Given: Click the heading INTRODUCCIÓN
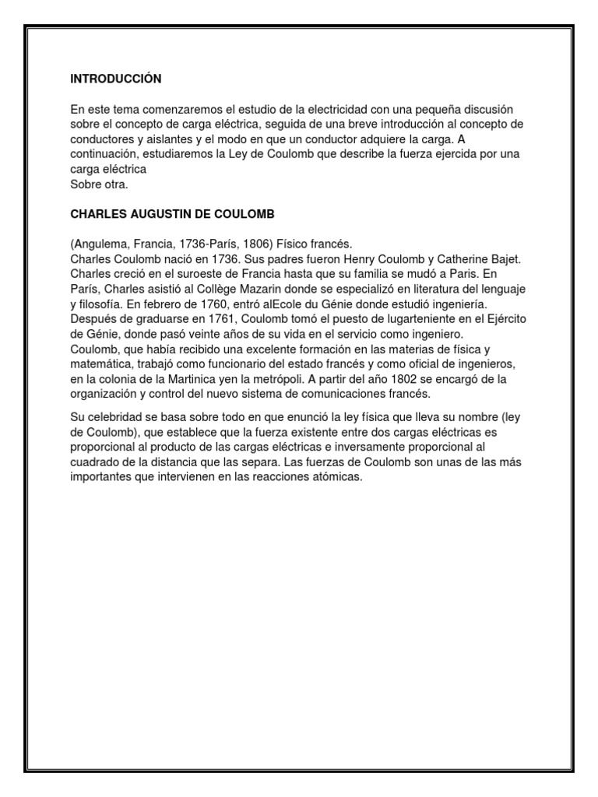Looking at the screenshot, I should click(x=115, y=79).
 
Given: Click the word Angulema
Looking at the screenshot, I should click(x=101, y=244).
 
